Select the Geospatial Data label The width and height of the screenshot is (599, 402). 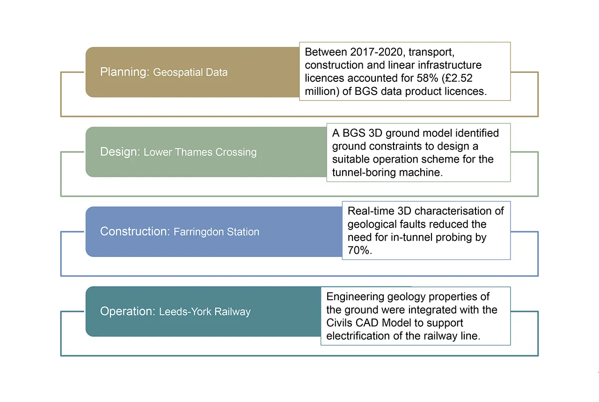click(190, 72)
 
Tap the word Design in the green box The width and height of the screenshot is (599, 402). click(120, 152)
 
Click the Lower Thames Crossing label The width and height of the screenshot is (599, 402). click(200, 152)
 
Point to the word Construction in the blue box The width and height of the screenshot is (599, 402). click(134, 231)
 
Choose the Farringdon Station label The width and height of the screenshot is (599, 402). click(216, 232)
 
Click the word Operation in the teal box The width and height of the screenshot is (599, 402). click(126, 311)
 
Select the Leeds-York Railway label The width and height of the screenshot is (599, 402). click(205, 312)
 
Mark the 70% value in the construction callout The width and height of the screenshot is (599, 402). click(359, 251)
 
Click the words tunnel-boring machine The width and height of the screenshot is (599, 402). click(387, 172)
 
